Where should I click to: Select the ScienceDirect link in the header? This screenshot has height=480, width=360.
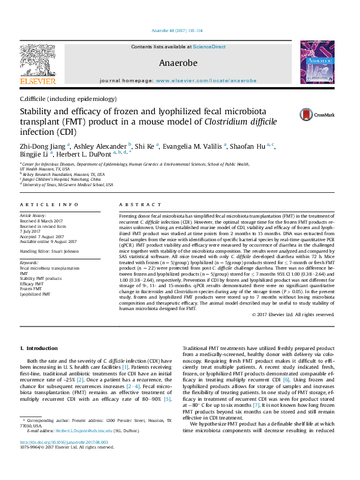pyautogui.click(x=209, y=47)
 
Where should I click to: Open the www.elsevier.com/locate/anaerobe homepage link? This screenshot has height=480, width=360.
pyautogui.click(x=206, y=80)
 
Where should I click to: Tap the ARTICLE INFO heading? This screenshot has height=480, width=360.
pyautogui.click(x=48, y=205)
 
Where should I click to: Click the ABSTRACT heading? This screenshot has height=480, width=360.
pyautogui.click(x=134, y=205)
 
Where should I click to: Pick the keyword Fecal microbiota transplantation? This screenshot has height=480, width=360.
pyautogui.click(x=50, y=268)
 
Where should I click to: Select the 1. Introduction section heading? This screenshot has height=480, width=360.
pyautogui.click(x=39, y=349)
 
